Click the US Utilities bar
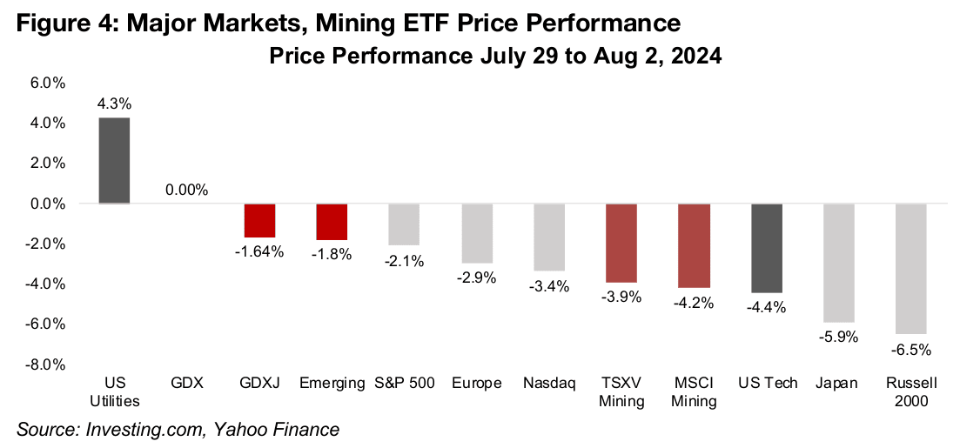[114, 160]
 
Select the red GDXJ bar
[259, 220]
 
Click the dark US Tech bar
[767, 248]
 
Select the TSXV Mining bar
[621, 243]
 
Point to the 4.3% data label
[114, 104]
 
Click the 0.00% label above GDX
[187, 190]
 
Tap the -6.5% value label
[911, 350]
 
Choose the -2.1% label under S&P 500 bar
[404, 261]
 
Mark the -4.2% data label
[695, 303]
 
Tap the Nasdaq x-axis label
[549, 384]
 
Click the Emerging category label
[332, 384]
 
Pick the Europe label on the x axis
[476, 384]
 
